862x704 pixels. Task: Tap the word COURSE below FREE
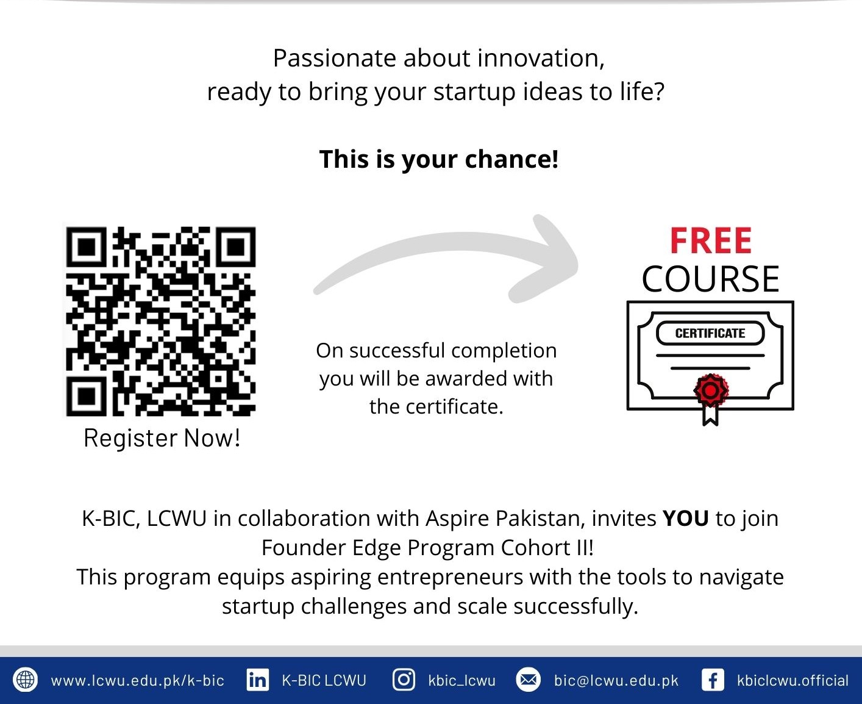(710, 279)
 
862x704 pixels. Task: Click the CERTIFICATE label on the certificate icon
(710, 333)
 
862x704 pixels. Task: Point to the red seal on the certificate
(711, 390)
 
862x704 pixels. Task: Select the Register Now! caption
(162, 438)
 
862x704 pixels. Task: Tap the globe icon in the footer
(26, 680)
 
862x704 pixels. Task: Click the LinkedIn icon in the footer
(257, 680)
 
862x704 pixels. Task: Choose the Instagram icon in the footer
(404, 680)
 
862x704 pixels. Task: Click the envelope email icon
(528, 680)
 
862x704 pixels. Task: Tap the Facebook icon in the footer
(713, 680)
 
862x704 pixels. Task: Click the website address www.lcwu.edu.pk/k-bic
(137, 681)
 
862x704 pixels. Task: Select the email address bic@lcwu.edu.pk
(616, 681)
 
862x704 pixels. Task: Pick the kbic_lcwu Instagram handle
(462, 681)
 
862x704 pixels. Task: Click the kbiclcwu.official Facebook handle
(793, 681)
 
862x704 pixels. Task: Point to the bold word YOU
(685, 519)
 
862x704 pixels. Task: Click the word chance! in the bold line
(511, 159)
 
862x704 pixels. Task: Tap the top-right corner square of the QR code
(235, 247)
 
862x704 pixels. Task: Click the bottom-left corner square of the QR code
(86, 396)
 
